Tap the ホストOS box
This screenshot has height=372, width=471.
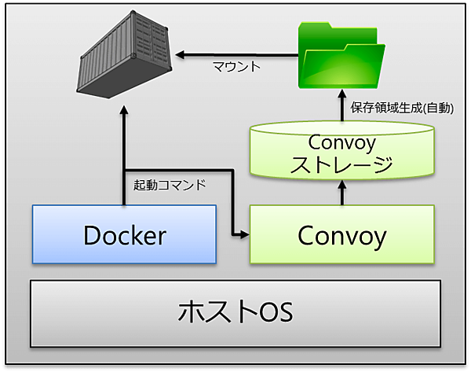point(235,312)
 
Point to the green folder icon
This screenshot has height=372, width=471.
point(341,54)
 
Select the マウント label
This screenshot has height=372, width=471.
point(236,68)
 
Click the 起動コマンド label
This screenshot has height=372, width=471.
point(170,186)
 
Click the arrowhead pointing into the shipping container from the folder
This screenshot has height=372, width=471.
point(181,54)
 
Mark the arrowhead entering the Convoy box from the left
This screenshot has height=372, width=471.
point(243,234)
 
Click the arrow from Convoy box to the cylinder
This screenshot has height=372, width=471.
point(341,193)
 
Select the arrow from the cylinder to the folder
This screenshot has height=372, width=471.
point(341,108)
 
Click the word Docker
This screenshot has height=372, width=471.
point(124,234)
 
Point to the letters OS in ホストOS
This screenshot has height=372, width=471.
point(272,313)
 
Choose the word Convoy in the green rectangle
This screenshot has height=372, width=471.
point(341,234)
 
